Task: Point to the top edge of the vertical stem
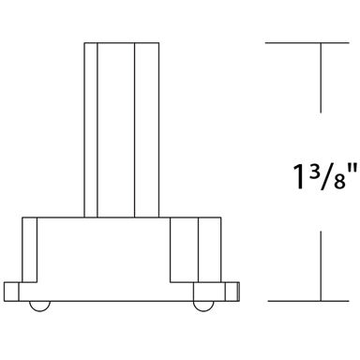(116, 42)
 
